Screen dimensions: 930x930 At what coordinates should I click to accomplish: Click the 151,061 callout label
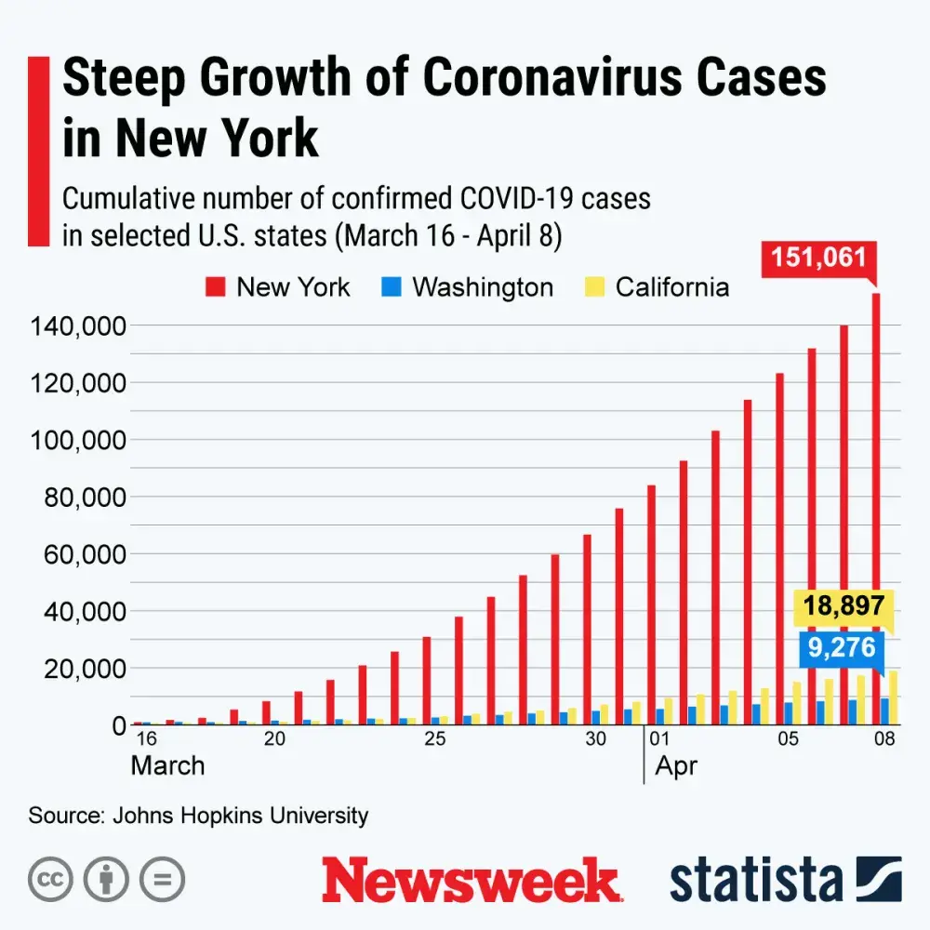pyautogui.click(x=819, y=258)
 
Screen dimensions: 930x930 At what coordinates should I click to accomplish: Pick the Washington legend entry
pyautogui.click(x=469, y=286)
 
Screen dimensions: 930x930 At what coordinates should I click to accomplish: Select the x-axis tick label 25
pyautogui.click(x=434, y=740)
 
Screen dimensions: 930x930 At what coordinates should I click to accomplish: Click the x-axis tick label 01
pyautogui.click(x=660, y=740)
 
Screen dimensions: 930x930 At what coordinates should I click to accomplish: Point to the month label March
pyautogui.click(x=167, y=766)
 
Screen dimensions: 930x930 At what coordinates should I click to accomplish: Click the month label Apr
pyautogui.click(x=676, y=766)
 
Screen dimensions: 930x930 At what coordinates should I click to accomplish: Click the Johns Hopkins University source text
pyautogui.click(x=240, y=816)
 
